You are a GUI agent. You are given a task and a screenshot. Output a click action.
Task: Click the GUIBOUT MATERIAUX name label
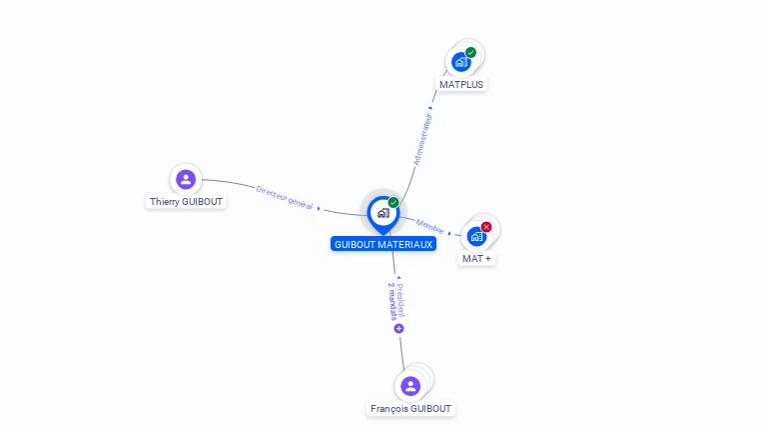[x=383, y=244]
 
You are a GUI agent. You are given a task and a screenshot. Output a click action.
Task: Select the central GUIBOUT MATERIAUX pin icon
[x=383, y=213]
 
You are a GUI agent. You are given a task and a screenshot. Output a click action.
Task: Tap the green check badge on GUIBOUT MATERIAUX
[x=393, y=203]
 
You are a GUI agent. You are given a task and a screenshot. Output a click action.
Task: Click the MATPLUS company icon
[x=461, y=62]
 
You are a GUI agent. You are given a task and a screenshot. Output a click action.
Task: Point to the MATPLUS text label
[x=461, y=85]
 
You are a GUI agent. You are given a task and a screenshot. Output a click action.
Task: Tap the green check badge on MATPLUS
[x=470, y=53]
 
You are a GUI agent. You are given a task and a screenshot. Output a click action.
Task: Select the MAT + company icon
[x=476, y=236]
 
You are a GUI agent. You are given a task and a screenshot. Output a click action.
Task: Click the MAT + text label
[x=476, y=259]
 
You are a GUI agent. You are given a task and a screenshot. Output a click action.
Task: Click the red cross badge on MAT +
[x=486, y=227]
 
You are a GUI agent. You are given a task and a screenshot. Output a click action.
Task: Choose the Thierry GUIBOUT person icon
[x=185, y=179]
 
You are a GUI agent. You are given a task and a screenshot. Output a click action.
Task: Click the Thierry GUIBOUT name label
[x=187, y=202]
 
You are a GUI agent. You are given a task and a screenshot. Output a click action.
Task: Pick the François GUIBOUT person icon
[x=409, y=386]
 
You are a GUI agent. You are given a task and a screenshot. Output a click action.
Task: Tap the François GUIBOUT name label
[x=410, y=409]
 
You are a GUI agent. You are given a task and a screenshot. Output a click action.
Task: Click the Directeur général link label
[x=285, y=197]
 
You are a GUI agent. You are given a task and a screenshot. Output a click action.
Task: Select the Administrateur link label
[x=423, y=138]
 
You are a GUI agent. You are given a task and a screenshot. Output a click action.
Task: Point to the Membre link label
[x=430, y=227]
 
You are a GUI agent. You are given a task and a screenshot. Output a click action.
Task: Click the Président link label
[x=400, y=298]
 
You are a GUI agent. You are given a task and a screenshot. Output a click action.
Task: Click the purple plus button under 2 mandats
[x=398, y=328]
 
